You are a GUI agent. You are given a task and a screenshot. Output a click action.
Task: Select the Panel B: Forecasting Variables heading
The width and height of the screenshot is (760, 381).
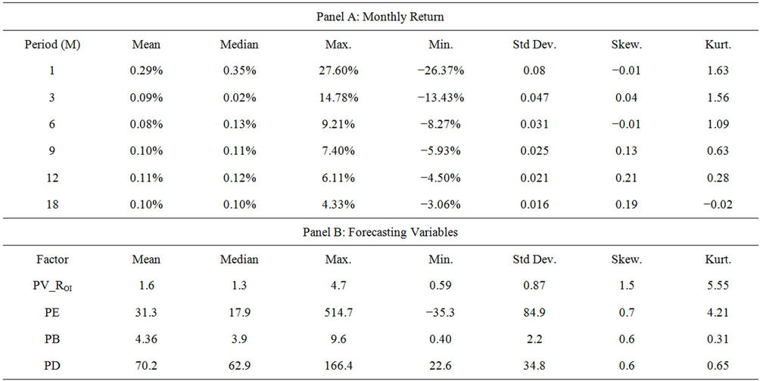pyautogui.click(x=380, y=233)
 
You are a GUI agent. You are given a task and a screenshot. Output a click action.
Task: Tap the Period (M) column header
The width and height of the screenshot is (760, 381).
pyautogui.click(x=54, y=45)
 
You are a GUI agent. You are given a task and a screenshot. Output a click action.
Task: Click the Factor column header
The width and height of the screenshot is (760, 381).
pyautogui.click(x=54, y=259)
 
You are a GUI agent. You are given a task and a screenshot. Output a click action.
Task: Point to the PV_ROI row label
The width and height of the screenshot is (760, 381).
pyautogui.click(x=54, y=286)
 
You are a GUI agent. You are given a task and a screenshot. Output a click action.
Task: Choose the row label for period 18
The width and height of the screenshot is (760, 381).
pyautogui.click(x=54, y=204)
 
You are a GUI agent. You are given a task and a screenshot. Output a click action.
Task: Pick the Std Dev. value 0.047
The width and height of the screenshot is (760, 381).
pyautogui.click(x=534, y=98)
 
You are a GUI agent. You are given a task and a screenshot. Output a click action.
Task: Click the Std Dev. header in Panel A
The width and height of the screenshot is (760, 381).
pyautogui.click(x=534, y=45)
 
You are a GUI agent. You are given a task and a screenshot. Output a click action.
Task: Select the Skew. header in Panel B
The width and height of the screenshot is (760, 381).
pyautogui.click(x=625, y=259)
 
